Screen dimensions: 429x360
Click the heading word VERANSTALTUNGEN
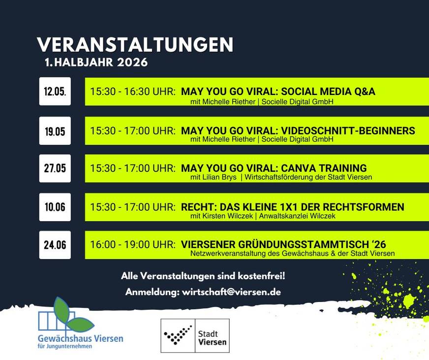(x=135, y=45)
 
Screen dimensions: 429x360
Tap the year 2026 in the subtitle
(x=132, y=63)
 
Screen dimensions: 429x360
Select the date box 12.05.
(x=55, y=91)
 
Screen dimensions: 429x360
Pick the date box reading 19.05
(x=55, y=131)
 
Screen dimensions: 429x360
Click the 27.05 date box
(x=55, y=168)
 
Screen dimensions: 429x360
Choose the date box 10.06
(x=55, y=207)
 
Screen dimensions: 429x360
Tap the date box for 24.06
(x=55, y=245)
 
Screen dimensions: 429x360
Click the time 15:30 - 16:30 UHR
(x=133, y=91)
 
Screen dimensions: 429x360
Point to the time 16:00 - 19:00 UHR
(x=133, y=244)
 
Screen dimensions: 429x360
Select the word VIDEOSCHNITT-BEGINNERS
(x=348, y=131)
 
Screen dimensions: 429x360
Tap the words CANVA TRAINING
(x=324, y=168)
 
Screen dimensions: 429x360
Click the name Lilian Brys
(x=219, y=177)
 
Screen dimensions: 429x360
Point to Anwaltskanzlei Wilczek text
(x=297, y=216)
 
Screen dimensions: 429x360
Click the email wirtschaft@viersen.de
(x=231, y=292)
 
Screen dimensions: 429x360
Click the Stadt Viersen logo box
(x=195, y=335)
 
